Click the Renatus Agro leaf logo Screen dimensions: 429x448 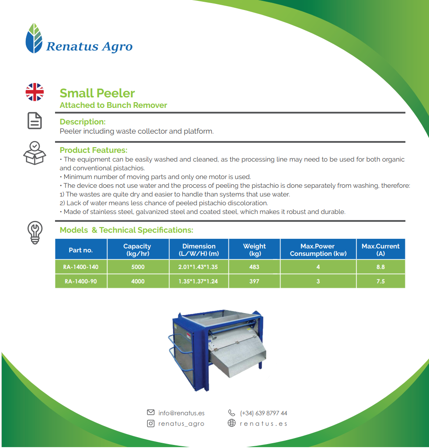(x=34, y=38)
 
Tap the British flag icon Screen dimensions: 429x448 (x=35, y=92)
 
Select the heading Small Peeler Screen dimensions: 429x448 (x=97, y=93)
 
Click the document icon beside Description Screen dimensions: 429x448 (x=35, y=121)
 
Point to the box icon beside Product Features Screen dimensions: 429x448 (x=35, y=153)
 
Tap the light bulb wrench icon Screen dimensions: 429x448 (x=35, y=233)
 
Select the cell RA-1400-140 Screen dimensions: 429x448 (x=81, y=267)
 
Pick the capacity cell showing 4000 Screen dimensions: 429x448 (x=138, y=281)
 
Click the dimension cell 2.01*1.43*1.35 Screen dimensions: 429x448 (x=198, y=267)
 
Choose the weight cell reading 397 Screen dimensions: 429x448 (x=254, y=281)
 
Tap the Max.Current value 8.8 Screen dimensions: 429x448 (x=381, y=267)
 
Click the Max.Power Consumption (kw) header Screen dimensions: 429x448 (x=318, y=250)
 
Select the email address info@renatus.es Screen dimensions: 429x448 (x=181, y=413)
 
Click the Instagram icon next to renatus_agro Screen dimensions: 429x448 (x=151, y=424)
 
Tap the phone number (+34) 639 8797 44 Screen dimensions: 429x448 (x=263, y=413)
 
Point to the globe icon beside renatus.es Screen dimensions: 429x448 (x=232, y=423)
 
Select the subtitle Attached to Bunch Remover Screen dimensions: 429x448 (x=113, y=105)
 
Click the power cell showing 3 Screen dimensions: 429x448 (x=318, y=281)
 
